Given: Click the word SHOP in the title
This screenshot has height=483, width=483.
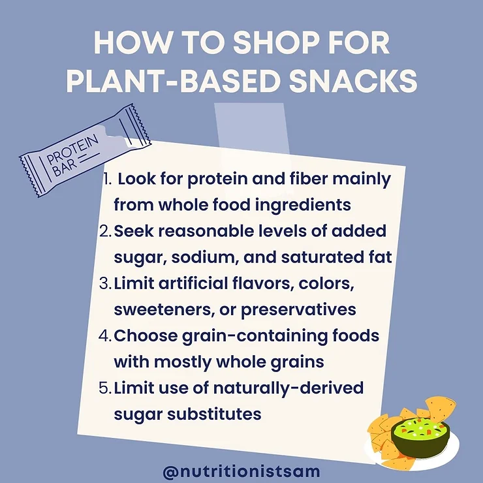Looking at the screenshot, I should click(258, 44).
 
